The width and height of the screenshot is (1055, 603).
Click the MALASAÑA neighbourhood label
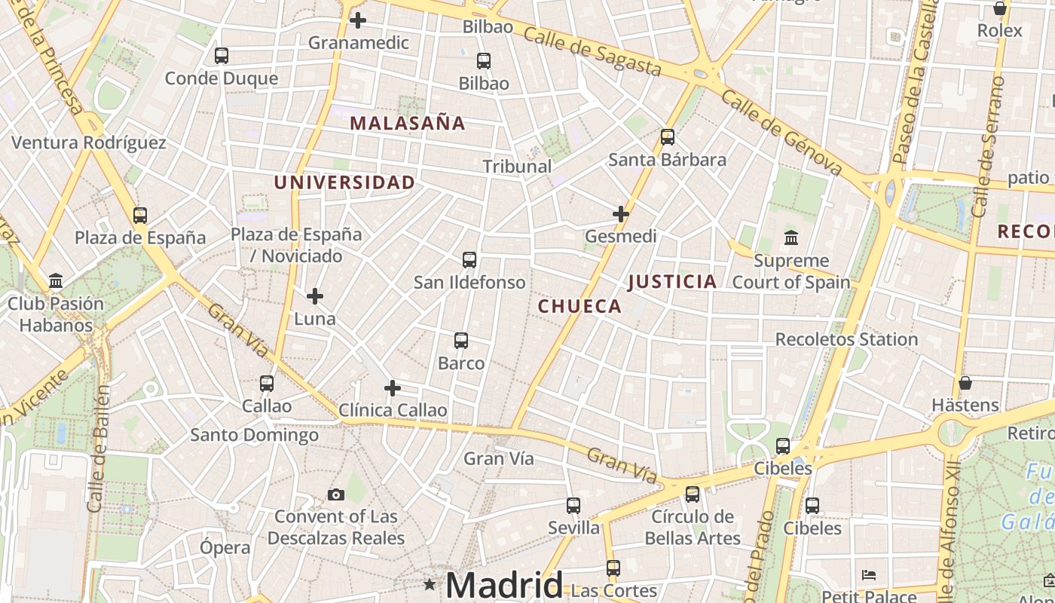(407, 123)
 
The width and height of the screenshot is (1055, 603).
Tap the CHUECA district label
(579, 306)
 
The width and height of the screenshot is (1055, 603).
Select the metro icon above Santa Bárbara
(667, 137)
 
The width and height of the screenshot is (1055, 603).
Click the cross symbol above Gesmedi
(621, 214)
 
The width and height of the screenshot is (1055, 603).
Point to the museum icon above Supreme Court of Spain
(791, 238)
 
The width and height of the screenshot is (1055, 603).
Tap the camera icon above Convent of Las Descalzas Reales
(336, 494)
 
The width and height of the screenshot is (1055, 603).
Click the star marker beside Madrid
(430, 584)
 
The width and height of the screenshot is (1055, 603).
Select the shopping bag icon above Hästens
(965, 383)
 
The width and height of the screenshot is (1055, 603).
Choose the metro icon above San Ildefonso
(469, 260)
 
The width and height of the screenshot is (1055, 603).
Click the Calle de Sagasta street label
(592, 51)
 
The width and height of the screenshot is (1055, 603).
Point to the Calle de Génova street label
(781, 133)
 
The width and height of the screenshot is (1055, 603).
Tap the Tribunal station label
(517, 167)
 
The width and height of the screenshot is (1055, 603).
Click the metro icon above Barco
(461, 341)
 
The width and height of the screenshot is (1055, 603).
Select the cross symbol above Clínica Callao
(393, 388)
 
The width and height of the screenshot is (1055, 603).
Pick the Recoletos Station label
(846, 339)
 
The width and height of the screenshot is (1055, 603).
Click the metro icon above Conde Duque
(222, 56)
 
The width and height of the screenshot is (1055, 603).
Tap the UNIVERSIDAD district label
(344, 182)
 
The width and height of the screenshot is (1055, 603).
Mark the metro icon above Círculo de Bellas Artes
(692, 494)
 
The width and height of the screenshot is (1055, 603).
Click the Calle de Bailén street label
(99, 449)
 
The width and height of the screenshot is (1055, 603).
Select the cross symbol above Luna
(315, 296)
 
